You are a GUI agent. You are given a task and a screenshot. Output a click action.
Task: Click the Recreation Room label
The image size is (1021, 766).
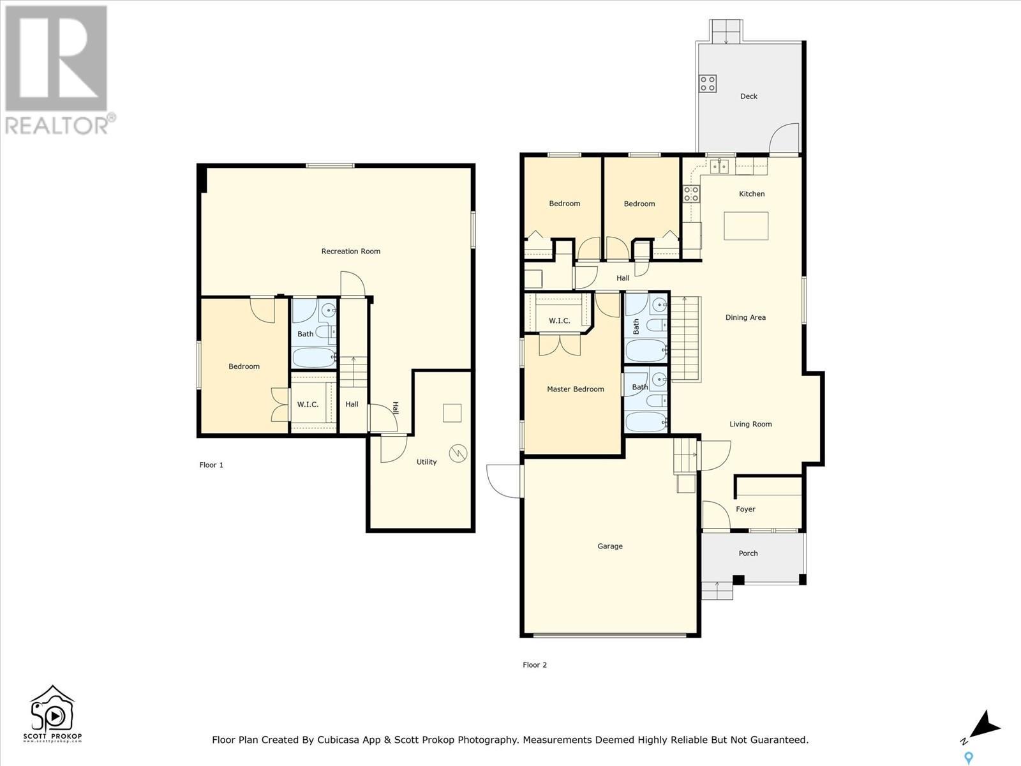[351, 251]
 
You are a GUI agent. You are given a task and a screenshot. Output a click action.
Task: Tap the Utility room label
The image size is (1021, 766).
[426, 462]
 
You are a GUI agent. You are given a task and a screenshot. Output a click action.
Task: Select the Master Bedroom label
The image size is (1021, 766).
[576, 389]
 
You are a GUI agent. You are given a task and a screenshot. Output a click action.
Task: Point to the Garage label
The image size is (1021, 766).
[610, 546]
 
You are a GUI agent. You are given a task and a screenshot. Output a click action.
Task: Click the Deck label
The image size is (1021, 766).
[749, 96]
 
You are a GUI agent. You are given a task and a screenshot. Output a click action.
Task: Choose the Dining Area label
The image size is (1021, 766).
[745, 317]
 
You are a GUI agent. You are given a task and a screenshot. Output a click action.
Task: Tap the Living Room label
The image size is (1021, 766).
[750, 424]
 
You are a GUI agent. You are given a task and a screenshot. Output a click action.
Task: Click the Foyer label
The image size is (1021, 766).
[745, 509]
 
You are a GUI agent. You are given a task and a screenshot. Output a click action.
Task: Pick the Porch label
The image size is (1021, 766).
[748, 553]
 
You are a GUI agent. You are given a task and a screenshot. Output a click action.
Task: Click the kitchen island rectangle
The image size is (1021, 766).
[745, 225]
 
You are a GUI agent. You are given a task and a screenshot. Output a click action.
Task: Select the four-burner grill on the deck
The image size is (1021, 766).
[708, 84]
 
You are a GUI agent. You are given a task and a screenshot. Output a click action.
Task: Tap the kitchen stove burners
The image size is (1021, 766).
[691, 193]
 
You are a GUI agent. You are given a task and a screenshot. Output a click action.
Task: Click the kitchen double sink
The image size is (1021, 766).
[720, 166]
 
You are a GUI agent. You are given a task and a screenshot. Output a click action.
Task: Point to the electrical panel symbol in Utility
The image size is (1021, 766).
[458, 453]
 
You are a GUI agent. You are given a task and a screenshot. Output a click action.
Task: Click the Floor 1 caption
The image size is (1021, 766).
[211, 465]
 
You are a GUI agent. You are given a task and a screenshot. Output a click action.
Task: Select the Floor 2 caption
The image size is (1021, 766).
[535, 665]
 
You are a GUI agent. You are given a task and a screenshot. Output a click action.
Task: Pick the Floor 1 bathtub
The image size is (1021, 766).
[314, 357]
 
